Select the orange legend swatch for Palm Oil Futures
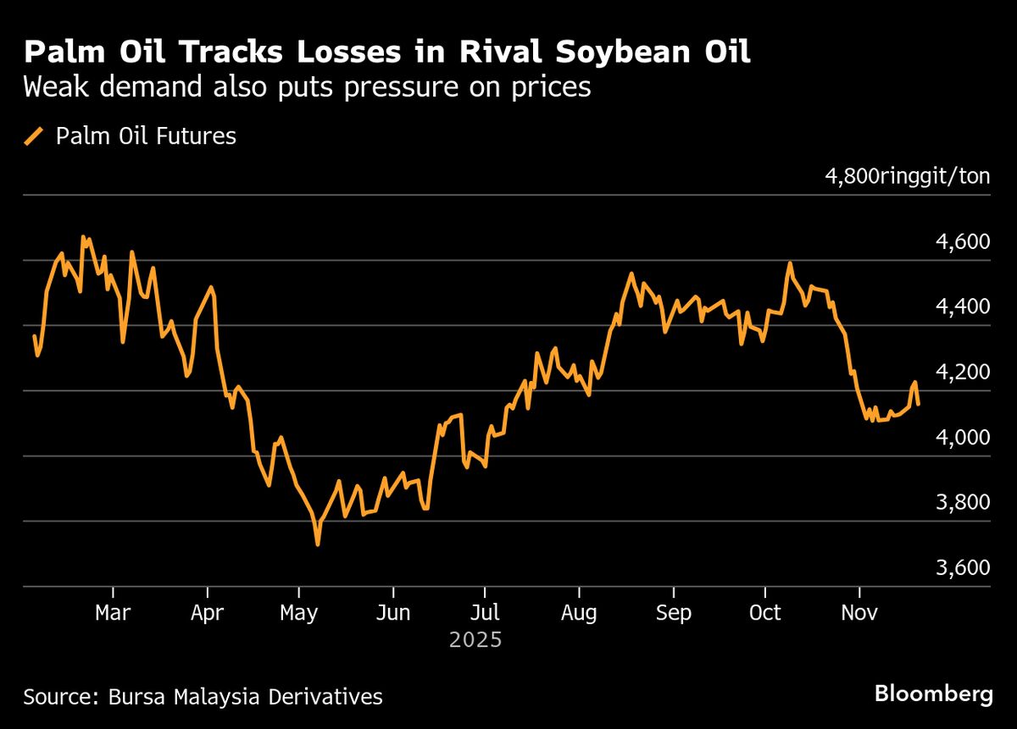coord(35,135)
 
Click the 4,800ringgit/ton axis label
coord(907,177)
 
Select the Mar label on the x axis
coord(113,612)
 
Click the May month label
coord(298,612)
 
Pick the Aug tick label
coord(579,612)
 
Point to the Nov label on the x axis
coord(859,612)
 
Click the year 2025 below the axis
coord(475,639)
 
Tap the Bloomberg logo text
coord(933,694)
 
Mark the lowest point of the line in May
coord(318,544)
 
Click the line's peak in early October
coord(790,263)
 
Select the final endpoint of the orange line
coord(919,404)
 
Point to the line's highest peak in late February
coord(83,237)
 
